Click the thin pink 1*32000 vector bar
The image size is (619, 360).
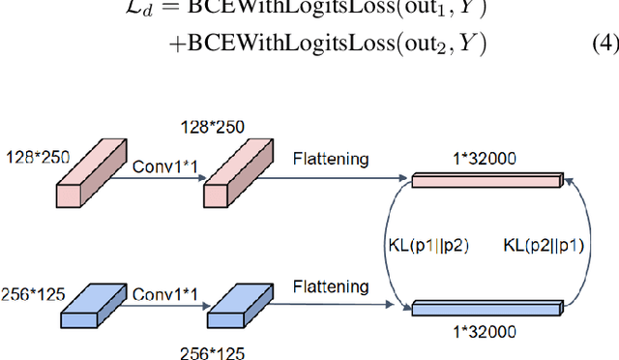click(486, 179)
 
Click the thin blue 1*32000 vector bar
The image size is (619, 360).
click(486, 308)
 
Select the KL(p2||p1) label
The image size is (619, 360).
click(545, 245)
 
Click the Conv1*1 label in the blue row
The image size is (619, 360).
click(165, 294)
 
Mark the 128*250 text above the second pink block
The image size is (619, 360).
click(213, 128)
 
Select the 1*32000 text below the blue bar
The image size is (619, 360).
click(486, 331)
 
